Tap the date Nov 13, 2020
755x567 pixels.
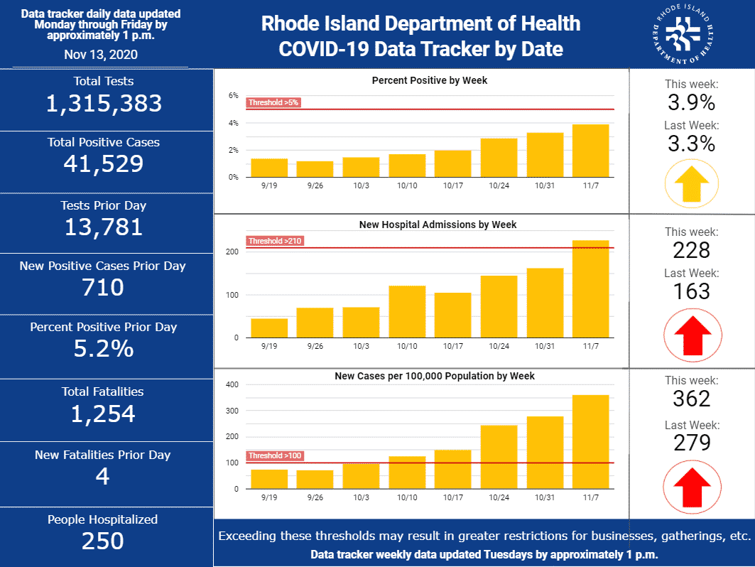(x=101, y=54)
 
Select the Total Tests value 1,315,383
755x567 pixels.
(x=104, y=104)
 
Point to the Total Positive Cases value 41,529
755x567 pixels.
(x=104, y=164)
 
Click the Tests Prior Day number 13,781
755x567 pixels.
(x=104, y=227)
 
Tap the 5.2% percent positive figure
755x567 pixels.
(x=104, y=350)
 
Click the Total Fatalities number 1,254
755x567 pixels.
(x=103, y=414)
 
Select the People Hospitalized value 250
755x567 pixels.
(x=103, y=541)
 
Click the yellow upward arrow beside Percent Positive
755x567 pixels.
(x=692, y=182)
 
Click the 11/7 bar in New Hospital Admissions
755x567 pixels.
(x=590, y=289)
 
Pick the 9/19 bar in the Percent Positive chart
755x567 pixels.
(x=269, y=168)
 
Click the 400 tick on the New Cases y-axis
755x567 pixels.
(x=232, y=385)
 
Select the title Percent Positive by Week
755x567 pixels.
(x=430, y=80)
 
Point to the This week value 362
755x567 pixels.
(x=692, y=398)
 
